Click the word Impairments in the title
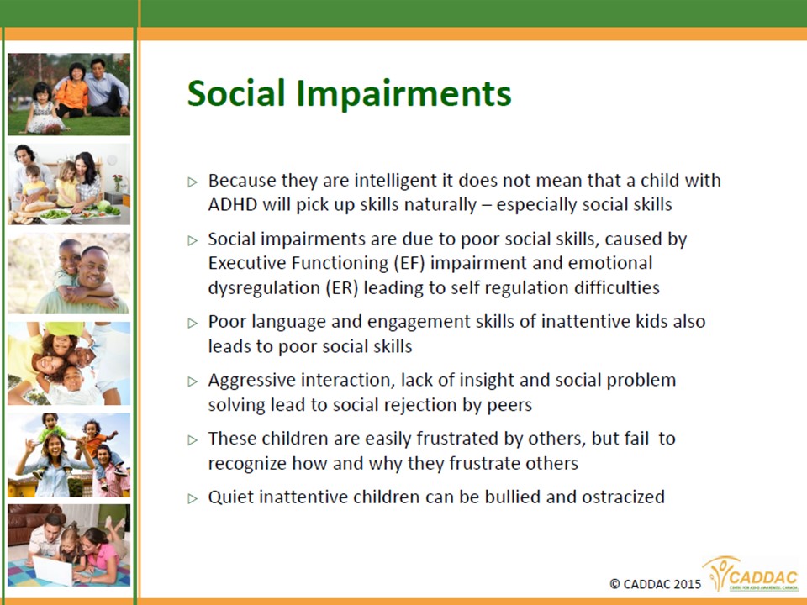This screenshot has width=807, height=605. tap(403, 93)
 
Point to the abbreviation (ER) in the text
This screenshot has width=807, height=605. tap(342, 287)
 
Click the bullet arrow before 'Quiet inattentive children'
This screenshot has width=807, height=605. tap(193, 498)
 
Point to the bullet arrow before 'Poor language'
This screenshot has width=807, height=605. tap(193, 323)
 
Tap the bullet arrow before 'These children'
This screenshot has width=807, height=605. tap(193, 439)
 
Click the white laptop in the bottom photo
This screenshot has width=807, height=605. tap(52, 570)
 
